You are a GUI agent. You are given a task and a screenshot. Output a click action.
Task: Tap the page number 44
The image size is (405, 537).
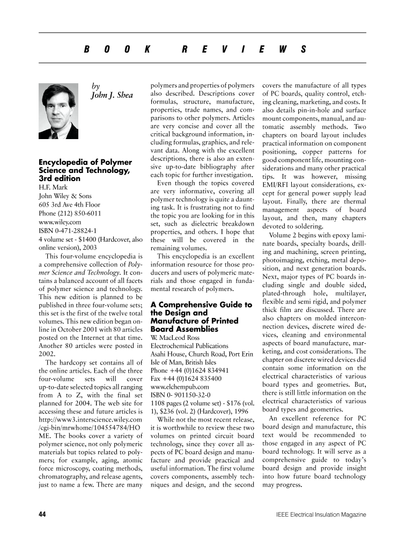pos(43,514)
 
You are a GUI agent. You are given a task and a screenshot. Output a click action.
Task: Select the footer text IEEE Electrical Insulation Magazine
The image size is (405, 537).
pos(319,514)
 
